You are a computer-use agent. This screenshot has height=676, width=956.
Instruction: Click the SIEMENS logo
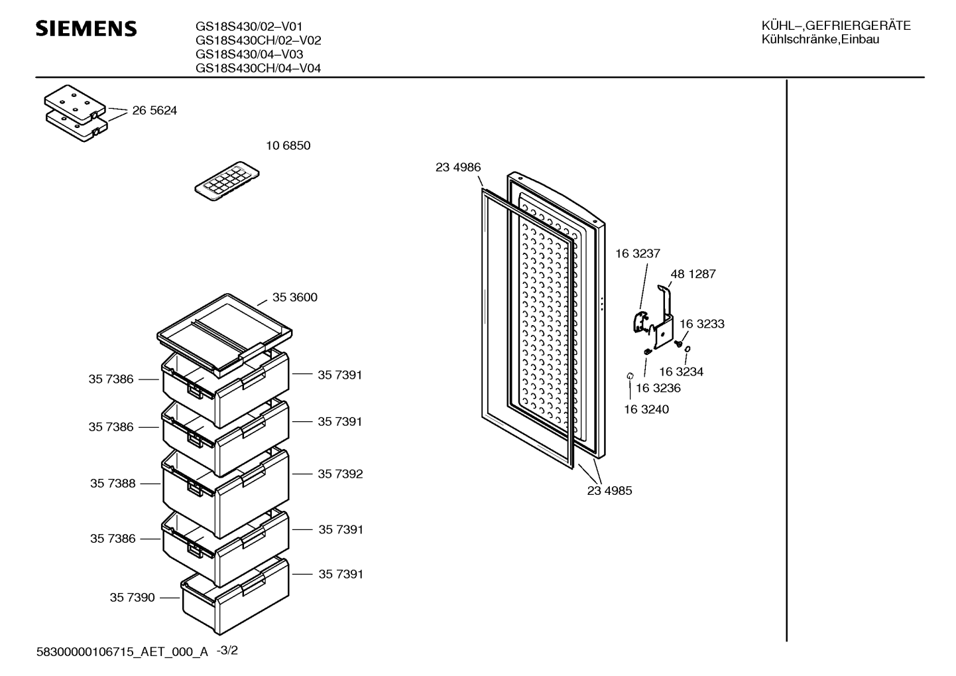click(x=86, y=29)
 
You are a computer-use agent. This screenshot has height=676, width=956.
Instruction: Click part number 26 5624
click(x=154, y=111)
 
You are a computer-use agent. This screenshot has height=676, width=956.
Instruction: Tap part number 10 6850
click(x=288, y=145)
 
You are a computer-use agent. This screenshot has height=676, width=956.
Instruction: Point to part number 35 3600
click(x=294, y=297)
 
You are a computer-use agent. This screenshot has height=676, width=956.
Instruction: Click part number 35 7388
click(x=113, y=483)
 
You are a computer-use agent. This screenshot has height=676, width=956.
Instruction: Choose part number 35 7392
click(x=340, y=474)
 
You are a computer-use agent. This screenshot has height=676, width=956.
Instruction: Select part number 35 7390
click(x=132, y=597)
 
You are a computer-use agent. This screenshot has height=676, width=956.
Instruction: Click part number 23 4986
click(x=458, y=167)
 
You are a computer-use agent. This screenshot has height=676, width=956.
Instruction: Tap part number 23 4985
click(x=609, y=491)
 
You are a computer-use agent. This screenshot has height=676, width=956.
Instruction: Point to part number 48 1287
click(x=693, y=273)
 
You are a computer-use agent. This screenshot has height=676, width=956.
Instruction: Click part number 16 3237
click(x=637, y=253)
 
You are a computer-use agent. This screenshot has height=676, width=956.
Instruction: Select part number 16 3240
click(x=646, y=409)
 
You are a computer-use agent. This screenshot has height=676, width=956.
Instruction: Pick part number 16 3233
click(x=701, y=324)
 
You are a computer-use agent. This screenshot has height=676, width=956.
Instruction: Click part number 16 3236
click(x=658, y=388)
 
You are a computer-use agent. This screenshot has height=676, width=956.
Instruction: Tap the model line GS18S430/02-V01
click(x=249, y=27)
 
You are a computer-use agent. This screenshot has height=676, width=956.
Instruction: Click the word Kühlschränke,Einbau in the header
click(x=820, y=40)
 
